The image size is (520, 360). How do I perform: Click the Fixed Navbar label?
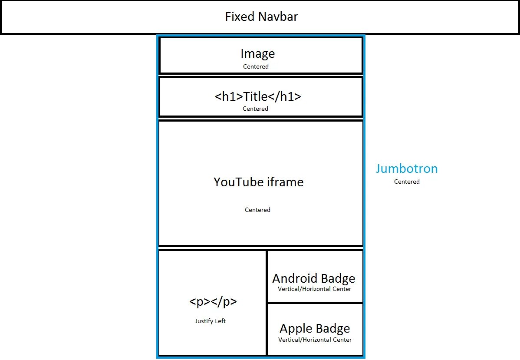coord(261,17)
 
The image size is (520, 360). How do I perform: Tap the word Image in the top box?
coord(258,54)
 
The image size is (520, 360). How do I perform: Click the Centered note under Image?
coord(256,66)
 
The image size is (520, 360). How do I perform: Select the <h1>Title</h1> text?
coord(258,96)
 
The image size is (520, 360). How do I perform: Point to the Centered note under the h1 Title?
coord(255,109)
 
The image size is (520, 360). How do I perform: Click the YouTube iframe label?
coord(258,182)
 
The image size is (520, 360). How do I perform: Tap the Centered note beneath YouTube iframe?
coord(257,210)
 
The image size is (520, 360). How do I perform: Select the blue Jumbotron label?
coord(407,168)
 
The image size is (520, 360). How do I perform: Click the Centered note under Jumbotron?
coord(407,182)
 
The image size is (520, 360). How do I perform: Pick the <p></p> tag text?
coord(213,302)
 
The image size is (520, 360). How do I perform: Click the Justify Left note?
coord(211,321)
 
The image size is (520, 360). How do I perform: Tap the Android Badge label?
coord(314,278)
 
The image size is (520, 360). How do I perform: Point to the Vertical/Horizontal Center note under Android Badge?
coord(315,289)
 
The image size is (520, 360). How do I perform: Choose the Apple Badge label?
coord(315,328)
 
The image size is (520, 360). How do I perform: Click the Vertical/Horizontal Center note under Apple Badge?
coord(315,340)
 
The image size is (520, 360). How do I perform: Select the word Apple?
coord(294,329)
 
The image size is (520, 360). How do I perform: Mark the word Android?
coord(291,278)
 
